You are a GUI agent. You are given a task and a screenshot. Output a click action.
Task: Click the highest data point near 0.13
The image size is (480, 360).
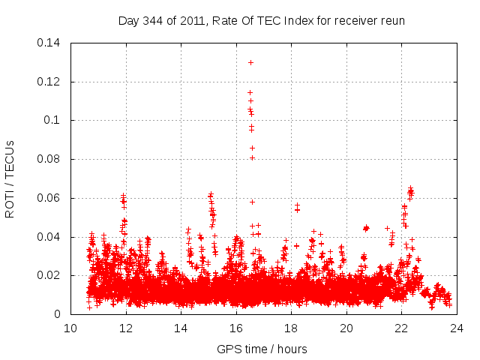click(250, 62)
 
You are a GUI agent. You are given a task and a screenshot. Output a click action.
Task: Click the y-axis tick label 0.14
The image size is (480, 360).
click(49, 42)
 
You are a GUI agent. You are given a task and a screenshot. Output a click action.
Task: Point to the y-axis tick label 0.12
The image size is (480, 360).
click(49, 81)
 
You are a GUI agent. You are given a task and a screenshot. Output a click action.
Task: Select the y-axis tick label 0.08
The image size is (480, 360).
click(49, 159)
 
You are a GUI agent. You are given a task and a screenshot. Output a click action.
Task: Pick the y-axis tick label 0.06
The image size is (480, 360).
click(49, 198)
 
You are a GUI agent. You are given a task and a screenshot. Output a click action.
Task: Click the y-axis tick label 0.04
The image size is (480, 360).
click(49, 237)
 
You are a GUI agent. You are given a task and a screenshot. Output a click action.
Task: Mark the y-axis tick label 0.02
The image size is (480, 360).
click(49, 276)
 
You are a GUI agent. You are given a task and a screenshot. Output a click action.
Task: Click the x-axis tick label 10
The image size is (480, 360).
click(70, 328)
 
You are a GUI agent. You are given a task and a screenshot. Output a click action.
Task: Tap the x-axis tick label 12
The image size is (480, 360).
click(126, 328)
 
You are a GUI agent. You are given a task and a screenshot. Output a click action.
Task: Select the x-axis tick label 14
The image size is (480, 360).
click(181, 328)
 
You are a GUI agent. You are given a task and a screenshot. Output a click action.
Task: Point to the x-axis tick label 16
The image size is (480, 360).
click(236, 328)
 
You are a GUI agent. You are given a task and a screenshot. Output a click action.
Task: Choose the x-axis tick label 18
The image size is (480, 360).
click(291, 328)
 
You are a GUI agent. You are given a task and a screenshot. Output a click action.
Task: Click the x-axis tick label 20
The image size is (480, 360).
click(346, 328)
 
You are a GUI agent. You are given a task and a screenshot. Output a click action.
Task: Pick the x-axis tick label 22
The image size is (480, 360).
click(401, 328)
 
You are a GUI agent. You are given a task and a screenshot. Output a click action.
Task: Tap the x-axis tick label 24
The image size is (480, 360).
click(457, 328)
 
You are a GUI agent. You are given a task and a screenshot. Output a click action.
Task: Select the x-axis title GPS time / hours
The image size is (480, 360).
click(262, 349)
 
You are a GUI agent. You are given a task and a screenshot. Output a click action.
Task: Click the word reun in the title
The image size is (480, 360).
click(392, 20)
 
